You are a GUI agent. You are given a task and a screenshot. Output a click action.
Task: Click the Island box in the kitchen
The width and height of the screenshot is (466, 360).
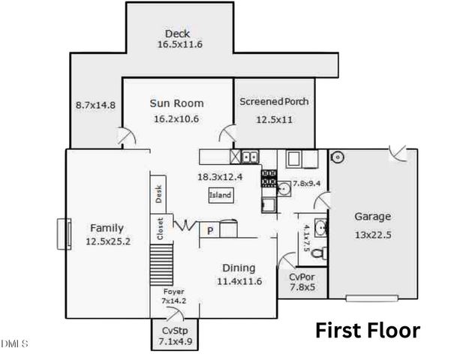[221, 196]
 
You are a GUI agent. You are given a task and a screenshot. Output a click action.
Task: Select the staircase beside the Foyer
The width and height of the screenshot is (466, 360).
[160, 267]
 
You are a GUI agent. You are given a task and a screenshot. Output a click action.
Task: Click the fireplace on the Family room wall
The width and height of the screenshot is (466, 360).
[63, 232]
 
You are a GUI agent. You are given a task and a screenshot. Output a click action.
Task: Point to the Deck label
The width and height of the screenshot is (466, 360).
[177, 33]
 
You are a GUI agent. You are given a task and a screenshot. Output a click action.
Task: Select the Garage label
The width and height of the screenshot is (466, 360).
[372, 217]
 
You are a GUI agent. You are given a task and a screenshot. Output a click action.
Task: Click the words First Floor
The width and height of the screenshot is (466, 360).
[367, 330]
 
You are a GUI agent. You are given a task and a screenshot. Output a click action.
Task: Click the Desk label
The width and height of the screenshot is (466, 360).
[159, 194]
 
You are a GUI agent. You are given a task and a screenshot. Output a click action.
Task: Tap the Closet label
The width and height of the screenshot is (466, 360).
[160, 229]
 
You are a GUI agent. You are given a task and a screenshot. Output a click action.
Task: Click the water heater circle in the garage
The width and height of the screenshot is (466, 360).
[337, 157]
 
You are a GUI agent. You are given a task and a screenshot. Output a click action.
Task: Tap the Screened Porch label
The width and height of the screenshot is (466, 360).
[274, 101]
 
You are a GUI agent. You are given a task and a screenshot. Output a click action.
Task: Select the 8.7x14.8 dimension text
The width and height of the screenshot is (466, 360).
[95, 105]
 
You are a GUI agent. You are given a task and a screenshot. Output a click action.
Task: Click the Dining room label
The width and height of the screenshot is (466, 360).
[239, 268]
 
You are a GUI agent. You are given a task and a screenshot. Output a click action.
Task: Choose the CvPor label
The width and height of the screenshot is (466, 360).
[301, 277]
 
